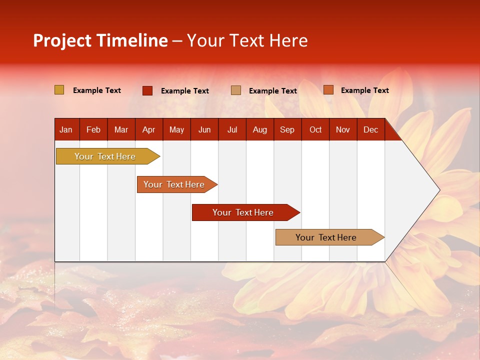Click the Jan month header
tap(66, 130)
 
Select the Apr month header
tap(149, 130)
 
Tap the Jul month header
tap(232, 130)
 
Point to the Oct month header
tap(315, 130)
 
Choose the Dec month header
tap(370, 130)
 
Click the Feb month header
tap(93, 130)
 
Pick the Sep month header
tap(287, 130)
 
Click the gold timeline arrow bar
tap(108, 156)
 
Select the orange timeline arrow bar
tap(177, 184)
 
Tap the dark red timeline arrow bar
tap(246, 212)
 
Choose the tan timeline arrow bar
tap(330, 237)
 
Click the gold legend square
tap(59, 89)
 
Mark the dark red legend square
tap(147, 90)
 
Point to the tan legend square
tap(236, 90)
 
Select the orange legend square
tap(328, 89)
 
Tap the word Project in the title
tap(62, 41)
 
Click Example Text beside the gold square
tap(97, 90)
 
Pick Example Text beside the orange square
tap(365, 90)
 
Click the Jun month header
tap(204, 130)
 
